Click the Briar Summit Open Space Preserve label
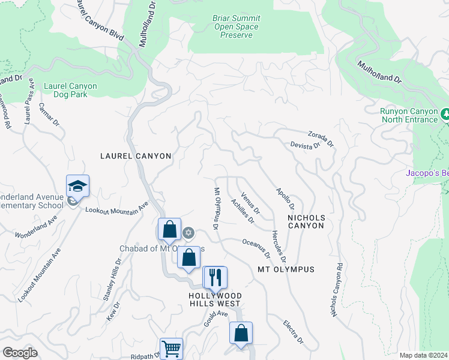click(x=236, y=27)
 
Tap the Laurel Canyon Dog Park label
click(x=70, y=90)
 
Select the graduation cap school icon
click(x=77, y=186)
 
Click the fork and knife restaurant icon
click(x=214, y=277)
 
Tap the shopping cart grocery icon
click(x=171, y=348)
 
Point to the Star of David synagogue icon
click(x=188, y=232)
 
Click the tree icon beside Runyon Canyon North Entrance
click(x=445, y=113)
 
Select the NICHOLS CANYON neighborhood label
click(x=306, y=221)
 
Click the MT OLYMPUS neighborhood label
click(x=286, y=269)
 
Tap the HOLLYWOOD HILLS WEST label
click(x=215, y=301)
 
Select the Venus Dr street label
click(x=250, y=203)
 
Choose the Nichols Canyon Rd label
click(x=336, y=290)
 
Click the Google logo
click(x=20, y=353)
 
